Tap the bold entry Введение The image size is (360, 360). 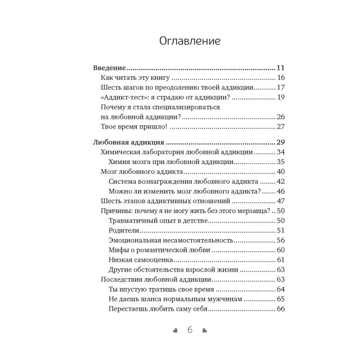point(109,68)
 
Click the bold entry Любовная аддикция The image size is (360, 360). point(129,142)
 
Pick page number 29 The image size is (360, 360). point(281,142)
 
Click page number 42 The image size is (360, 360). point(281,181)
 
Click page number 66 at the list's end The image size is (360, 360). point(281,309)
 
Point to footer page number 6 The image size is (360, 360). point(189,330)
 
